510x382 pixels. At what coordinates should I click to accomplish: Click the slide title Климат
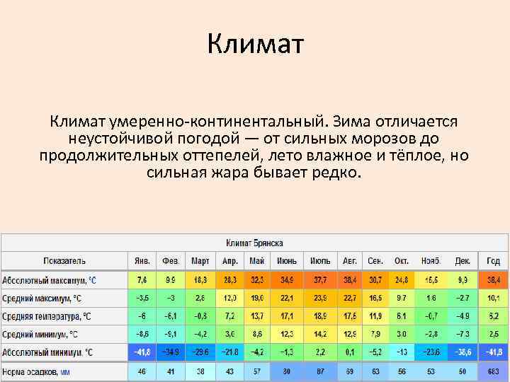[x=255, y=45]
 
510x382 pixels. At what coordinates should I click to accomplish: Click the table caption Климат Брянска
[x=255, y=243]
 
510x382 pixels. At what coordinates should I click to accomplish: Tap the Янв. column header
[x=142, y=260]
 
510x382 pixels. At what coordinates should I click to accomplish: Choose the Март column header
[x=200, y=260]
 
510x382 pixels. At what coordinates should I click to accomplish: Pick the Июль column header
[x=320, y=260]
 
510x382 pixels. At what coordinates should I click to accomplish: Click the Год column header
[x=493, y=260]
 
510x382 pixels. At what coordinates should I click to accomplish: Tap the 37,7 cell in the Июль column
[x=320, y=280]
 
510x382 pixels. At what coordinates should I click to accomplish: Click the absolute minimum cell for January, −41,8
[x=142, y=352]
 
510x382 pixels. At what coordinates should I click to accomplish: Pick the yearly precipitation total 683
[x=493, y=370]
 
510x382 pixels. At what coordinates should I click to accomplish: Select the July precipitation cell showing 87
[x=320, y=370]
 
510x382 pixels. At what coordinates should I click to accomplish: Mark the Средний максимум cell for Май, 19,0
[x=256, y=298]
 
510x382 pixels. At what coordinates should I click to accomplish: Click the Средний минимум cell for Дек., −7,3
[x=462, y=333]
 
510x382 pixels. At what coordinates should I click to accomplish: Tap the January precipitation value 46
[x=142, y=370]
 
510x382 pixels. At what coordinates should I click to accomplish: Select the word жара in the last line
[x=225, y=172]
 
